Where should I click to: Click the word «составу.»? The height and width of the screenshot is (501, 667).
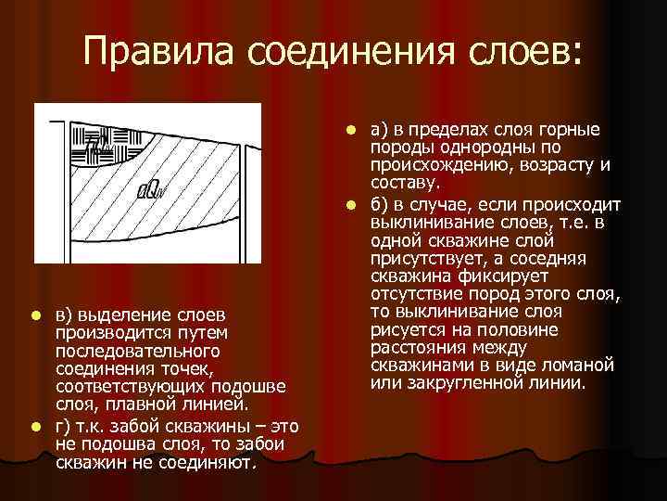point(406,184)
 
